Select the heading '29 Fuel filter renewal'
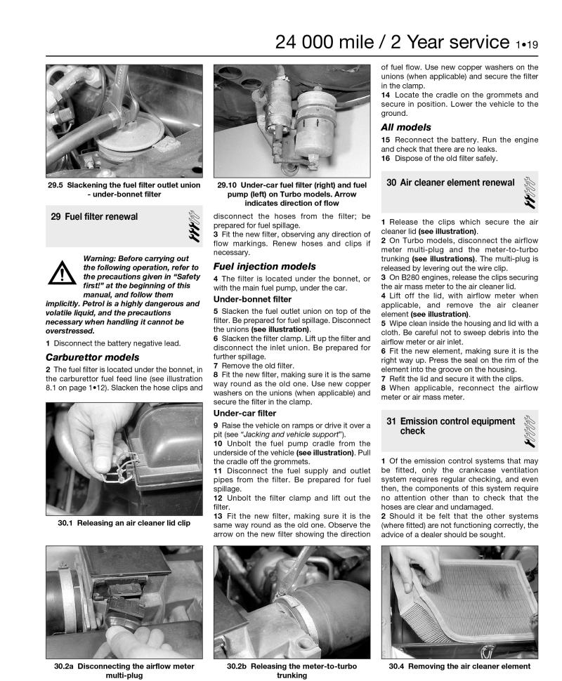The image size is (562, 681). [x=94, y=217]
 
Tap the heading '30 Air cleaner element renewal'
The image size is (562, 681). [x=450, y=183]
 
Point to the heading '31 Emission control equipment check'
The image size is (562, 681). [x=450, y=425]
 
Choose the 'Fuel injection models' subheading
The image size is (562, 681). [x=264, y=266]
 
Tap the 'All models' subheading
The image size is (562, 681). [x=406, y=127]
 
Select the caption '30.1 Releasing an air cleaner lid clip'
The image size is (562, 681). [x=124, y=522]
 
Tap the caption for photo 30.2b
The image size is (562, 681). [x=292, y=670]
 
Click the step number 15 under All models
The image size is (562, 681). [x=386, y=140]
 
